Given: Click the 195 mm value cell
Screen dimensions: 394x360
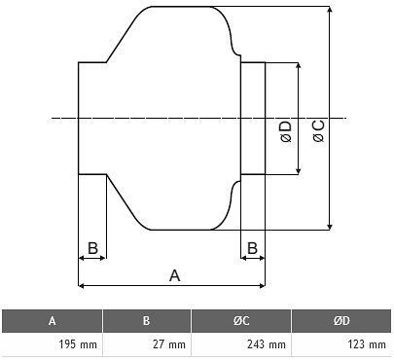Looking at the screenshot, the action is pos(52,344).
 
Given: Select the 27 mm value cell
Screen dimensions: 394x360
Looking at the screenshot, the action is pos(147,344).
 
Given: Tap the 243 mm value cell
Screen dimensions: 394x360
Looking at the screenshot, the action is pos(241,344).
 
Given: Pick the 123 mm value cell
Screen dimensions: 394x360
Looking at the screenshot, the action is pos(341,344).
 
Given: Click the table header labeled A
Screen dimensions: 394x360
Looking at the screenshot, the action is pos(52,321).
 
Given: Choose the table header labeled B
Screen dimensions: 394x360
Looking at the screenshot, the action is pos(147,321).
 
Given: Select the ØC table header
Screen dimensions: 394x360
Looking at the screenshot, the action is pos(241,321).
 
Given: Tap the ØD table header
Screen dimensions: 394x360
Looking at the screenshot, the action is pos(341,321).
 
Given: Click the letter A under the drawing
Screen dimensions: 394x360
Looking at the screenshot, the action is pos(174,275).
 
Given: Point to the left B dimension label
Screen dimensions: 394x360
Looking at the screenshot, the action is pos(92,248).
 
